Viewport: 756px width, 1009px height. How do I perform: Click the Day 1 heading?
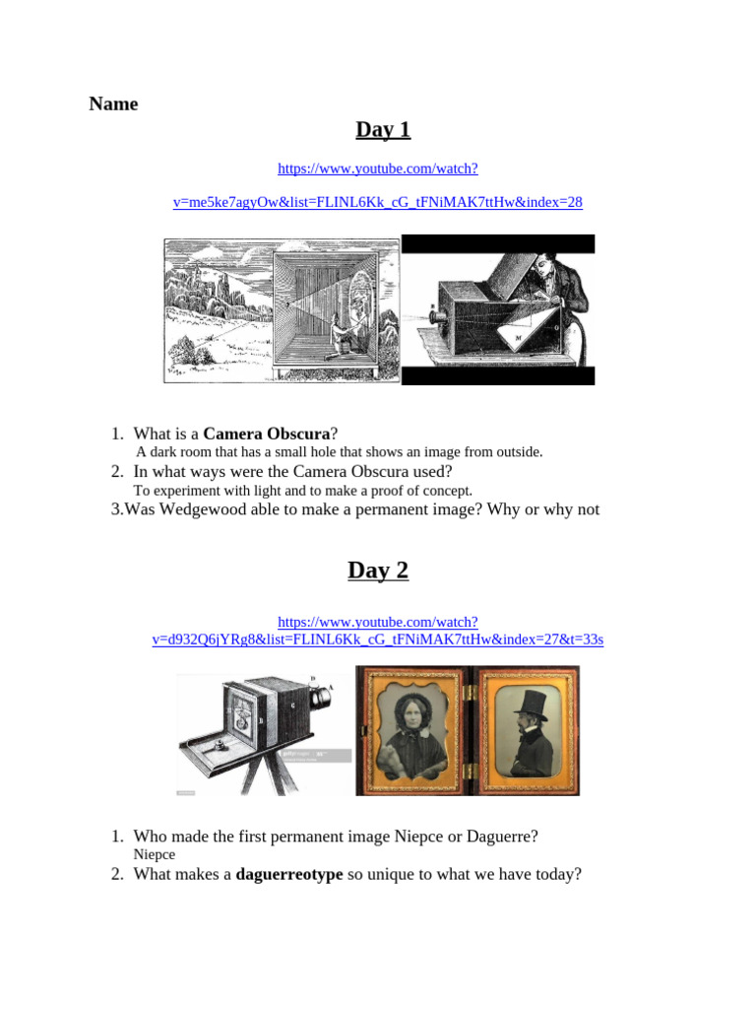coord(383,129)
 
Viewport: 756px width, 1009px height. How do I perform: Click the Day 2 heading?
coord(378,570)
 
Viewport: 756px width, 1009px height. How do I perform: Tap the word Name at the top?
coord(114,103)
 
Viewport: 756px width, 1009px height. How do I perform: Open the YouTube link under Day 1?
coord(378,185)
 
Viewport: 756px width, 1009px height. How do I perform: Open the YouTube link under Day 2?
coord(378,631)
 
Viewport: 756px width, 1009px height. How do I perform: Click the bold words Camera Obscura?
coord(266,434)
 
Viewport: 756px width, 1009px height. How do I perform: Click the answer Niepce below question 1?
coord(154,854)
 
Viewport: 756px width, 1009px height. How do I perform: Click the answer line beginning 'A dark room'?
coord(339,452)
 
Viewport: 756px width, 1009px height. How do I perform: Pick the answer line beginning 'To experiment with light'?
coord(303,490)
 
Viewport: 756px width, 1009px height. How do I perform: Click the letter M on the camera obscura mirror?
coord(519,337)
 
